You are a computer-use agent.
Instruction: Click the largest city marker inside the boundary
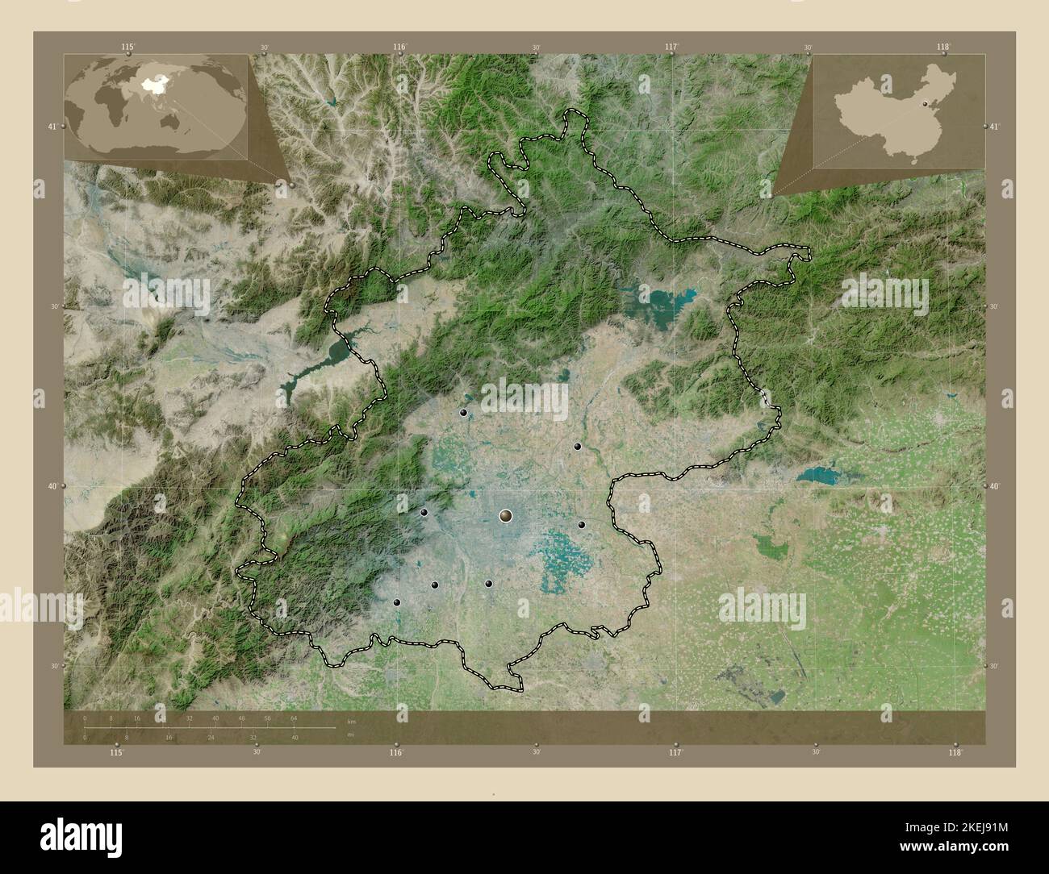pyautogui.click(x=506, y=515)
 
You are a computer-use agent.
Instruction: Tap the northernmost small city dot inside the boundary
pyautogui.click(x=463, y=413)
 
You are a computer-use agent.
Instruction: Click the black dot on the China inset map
pyautogui.click(x=926, y=103)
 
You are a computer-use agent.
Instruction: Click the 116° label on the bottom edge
pyautogui.click(x=395, y=752)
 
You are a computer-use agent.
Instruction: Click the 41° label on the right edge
pyautogui.click(x=994, y=127)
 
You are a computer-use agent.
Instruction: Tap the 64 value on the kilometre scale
pyautogui.click(x=294, y=718)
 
